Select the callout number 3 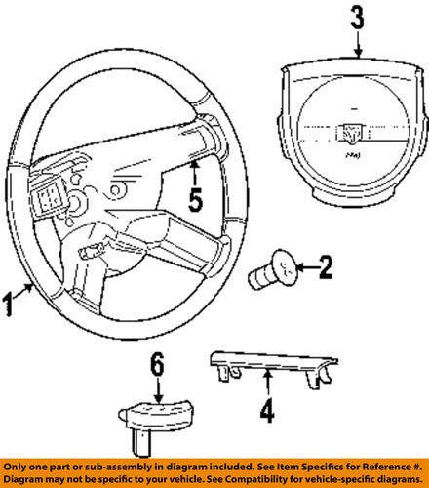pos(360,18)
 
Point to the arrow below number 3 pos(360,43)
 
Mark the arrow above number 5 pos(195,176)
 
